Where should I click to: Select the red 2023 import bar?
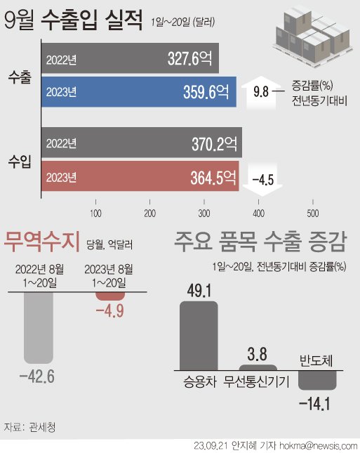(140, 176)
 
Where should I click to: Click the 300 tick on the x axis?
(204, 213)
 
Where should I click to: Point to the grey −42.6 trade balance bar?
(40, 327)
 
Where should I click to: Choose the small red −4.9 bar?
(110, 298)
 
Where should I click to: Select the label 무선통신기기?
(258, 383)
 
